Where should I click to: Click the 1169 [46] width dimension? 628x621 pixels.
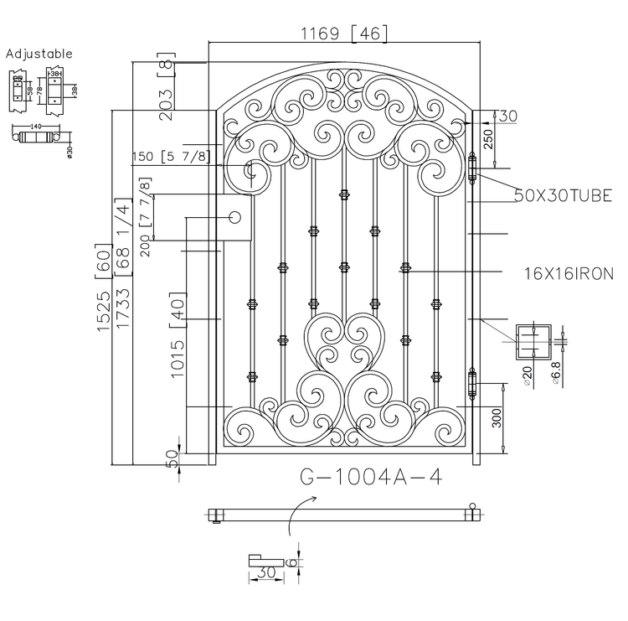coord(344,34)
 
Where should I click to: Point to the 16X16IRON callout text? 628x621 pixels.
coord(569,273)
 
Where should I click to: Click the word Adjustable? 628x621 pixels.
coord(39,54)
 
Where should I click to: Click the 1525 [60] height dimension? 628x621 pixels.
coord(104,288)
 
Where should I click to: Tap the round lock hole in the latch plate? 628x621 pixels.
coord(235,218)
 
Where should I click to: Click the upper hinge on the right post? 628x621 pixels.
coord(472,167)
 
